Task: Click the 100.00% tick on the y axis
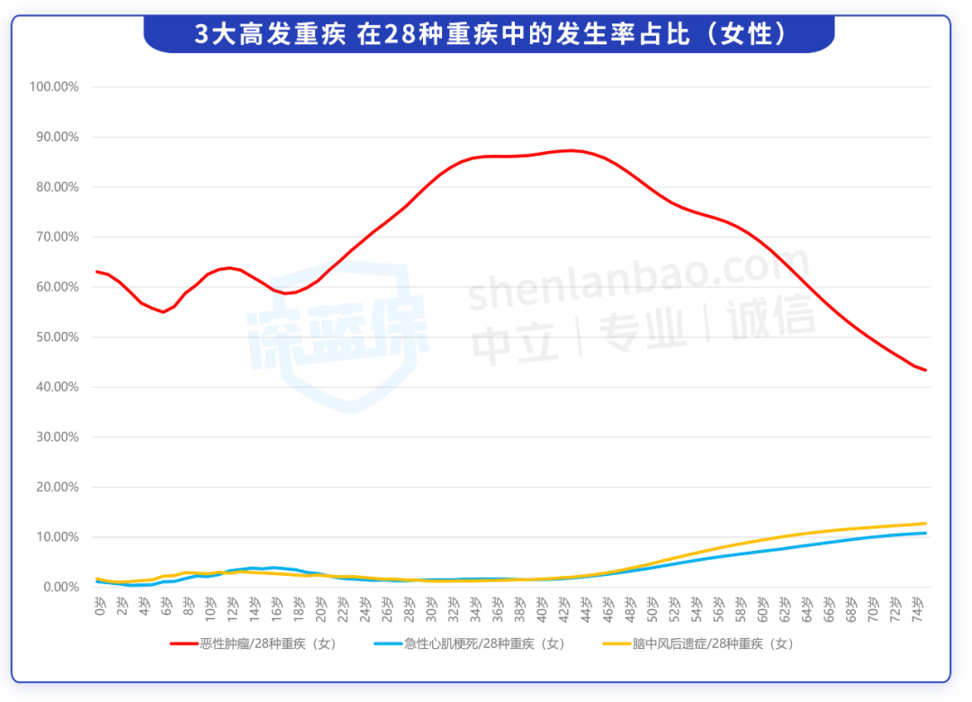(55, 87)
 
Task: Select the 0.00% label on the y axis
(60, 587)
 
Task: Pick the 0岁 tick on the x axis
(99, 609)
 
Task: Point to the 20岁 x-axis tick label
(320, 609)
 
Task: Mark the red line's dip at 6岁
(163, 312)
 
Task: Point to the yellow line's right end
(925, 523)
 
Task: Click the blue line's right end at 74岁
(925, 533)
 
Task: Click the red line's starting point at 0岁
(97, 272)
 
